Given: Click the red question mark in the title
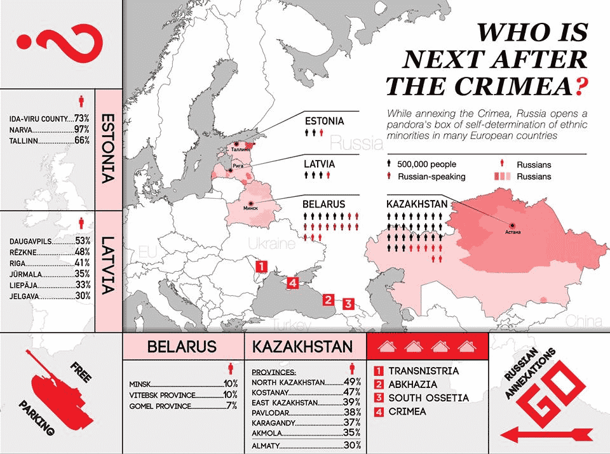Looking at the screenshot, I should tap(578, 86).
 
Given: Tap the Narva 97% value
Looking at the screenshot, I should tap(81, 130).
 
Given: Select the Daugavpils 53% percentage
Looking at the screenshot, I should tap(83, 241).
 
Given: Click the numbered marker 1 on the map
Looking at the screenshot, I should tap(260, 266).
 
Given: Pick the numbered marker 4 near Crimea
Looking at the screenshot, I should tap(292, 283).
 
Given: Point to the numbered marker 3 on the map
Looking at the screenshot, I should tap(348, 304).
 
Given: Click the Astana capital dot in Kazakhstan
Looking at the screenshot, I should tap(512, 225).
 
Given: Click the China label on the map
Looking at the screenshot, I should tap(583, 319).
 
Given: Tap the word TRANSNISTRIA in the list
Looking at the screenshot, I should tap(424, 371).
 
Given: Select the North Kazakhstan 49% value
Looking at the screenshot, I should tap(352, 382).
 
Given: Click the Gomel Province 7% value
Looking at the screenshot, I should tap(231, 405).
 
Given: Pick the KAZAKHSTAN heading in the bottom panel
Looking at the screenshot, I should tap(302, 347).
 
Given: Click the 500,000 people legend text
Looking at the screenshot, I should tap(426, 164).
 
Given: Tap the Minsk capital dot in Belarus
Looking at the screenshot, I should tap(251, 203).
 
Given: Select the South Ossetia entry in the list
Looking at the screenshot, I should tap(429, 398).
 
